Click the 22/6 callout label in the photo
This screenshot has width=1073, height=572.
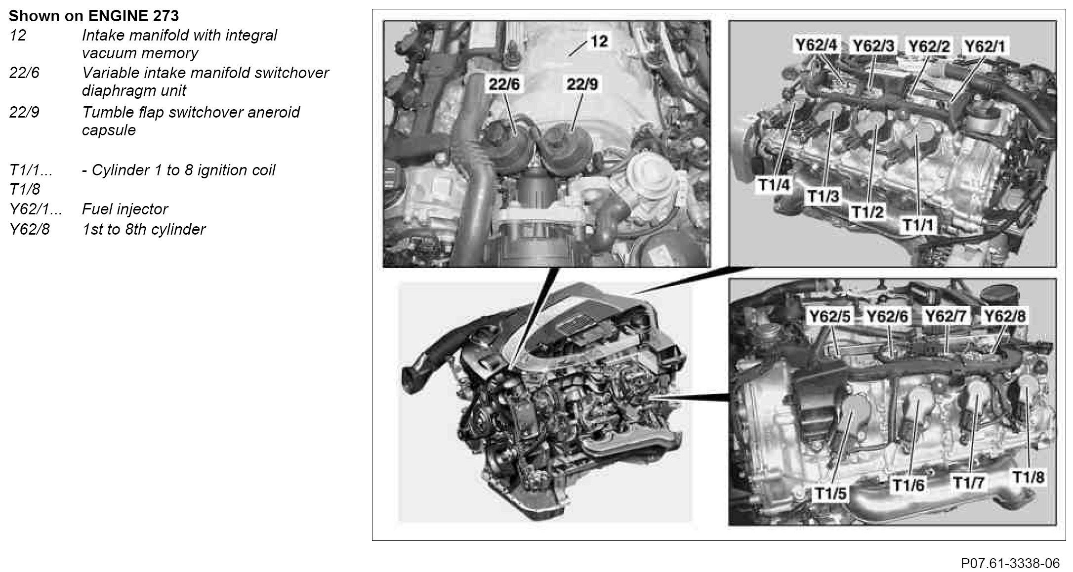point(504,84)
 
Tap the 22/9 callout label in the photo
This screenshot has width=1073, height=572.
point(582,84)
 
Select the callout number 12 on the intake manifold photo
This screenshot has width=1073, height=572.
point(599,41)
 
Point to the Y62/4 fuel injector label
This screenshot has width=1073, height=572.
point(816,45)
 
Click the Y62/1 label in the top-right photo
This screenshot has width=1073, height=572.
point(985,46)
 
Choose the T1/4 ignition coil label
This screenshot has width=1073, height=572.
point(774,186)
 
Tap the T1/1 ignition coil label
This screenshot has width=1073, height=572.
point(918,226)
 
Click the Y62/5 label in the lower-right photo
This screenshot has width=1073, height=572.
point(829,316)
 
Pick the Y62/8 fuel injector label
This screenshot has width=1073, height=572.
point(1005,316)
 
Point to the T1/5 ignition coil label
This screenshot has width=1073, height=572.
point(830,493)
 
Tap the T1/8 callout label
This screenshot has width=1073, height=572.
point(1029,477)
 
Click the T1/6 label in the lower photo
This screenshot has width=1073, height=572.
point(908,485)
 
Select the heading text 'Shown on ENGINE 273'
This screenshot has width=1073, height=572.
point(94,16)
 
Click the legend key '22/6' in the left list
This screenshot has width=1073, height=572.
point(24,73)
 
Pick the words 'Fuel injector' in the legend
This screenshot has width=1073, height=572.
point(125,209)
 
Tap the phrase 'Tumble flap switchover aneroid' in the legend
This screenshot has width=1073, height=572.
point(191,113)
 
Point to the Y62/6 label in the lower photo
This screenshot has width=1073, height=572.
point(888,316)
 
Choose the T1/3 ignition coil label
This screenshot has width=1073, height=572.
point(823,197)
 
